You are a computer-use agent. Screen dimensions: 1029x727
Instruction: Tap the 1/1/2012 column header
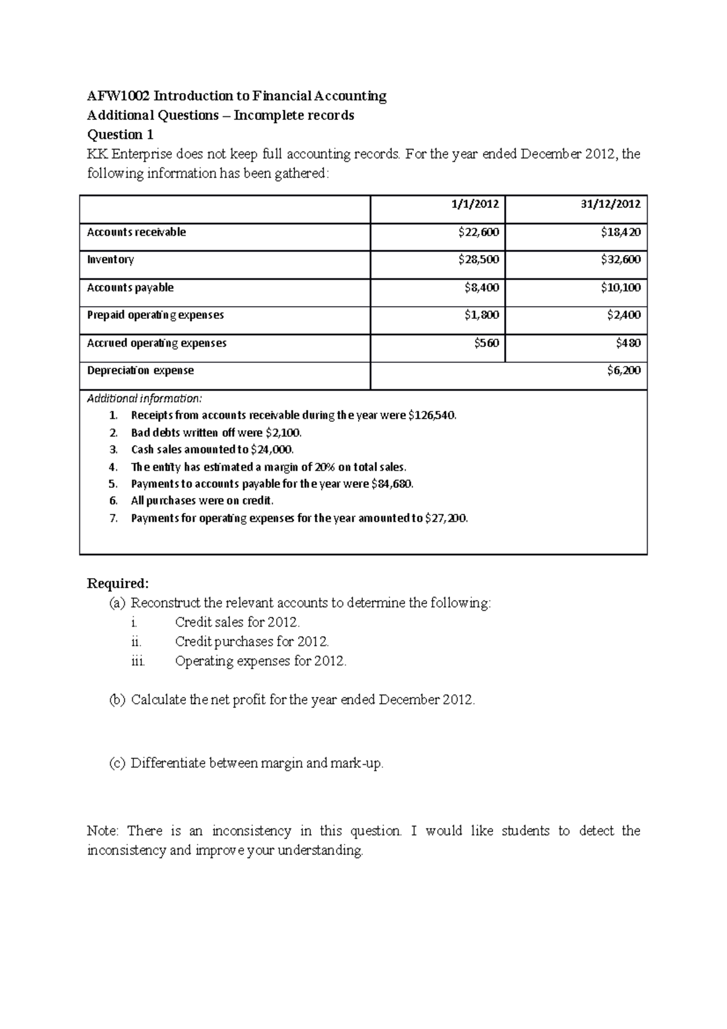click(x=475, y=204)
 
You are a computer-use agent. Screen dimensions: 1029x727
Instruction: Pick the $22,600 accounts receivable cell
click(x=479, y=232)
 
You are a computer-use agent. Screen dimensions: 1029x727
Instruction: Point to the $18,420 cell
click(x=620, y=232)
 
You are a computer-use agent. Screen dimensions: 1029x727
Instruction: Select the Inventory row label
click(x=110, y=259)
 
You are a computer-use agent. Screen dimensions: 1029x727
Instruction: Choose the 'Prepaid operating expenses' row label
click(x=155, y=315)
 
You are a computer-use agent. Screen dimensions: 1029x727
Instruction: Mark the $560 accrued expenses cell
click(x=486, y=343)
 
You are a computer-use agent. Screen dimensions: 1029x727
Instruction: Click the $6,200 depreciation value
click(x=623, y=370)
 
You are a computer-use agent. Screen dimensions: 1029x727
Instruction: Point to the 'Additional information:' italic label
click(x=144, y=399)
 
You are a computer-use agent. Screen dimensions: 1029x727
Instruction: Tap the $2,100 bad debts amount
click(x=283, y=433)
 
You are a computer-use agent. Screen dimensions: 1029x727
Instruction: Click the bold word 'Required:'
click(x=118, y=584)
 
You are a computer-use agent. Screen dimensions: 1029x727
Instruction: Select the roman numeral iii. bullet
click(x=138, y=661)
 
